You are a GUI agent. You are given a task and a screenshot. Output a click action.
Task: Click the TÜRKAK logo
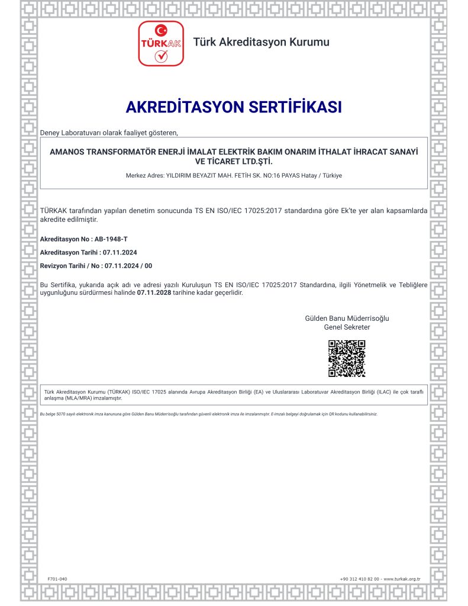tap(161, 43)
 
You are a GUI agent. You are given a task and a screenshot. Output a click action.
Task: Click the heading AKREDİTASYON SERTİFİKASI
tap(234, 107)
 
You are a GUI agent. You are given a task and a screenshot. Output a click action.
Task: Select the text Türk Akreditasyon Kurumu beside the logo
tap(262, 42)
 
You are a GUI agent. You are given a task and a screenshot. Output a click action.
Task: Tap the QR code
tap(347, 359)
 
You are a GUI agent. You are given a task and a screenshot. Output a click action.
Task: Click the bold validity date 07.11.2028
tap(154, 292)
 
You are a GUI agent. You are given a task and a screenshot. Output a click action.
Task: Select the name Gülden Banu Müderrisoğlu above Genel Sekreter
tap(347, 318)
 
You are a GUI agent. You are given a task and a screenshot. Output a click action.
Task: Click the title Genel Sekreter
tap(347, 327)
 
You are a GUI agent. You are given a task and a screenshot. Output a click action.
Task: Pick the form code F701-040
tap(57, 578)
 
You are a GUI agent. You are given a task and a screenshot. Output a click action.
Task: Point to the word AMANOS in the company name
tap(67, 151)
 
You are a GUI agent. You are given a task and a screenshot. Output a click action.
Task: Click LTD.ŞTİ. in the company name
tap(254, 161)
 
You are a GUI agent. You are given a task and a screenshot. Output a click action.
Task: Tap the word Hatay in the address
tap(306, 176)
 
